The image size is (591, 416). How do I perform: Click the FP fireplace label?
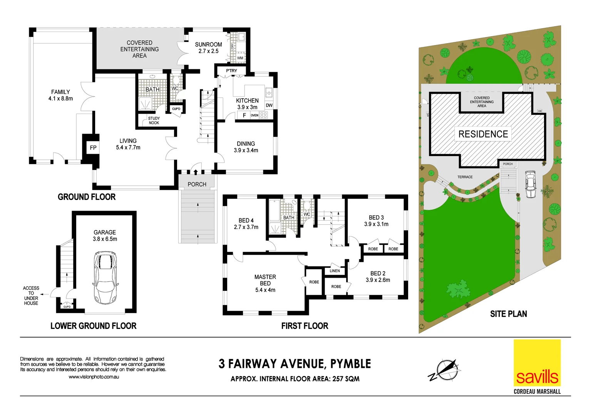pos(93,148)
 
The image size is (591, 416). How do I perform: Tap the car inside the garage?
pos(105,277)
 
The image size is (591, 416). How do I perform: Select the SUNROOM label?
pos(208,45)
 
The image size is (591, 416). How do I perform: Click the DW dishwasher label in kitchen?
pos(269,105)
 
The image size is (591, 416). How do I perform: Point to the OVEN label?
pos(254,115)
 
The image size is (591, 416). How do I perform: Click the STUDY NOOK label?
pos(154,121)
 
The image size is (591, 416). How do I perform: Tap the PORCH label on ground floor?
pos(197,185)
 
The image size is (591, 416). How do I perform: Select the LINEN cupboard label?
pos(335,271)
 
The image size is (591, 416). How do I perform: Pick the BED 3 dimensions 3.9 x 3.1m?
pos(376,224)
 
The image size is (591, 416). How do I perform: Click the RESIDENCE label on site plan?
pos(483,134)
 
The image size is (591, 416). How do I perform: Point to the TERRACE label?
pos(465,177)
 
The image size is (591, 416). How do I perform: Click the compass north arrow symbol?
pos(447,369)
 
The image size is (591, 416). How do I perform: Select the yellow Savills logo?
pos(537,363)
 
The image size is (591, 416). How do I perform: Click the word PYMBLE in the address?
pos(350,364)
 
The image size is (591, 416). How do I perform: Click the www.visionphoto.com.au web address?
pos(94,377)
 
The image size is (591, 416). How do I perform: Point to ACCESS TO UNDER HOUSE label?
pos(31,295)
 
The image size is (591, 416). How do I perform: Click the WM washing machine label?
pos(240,58)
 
